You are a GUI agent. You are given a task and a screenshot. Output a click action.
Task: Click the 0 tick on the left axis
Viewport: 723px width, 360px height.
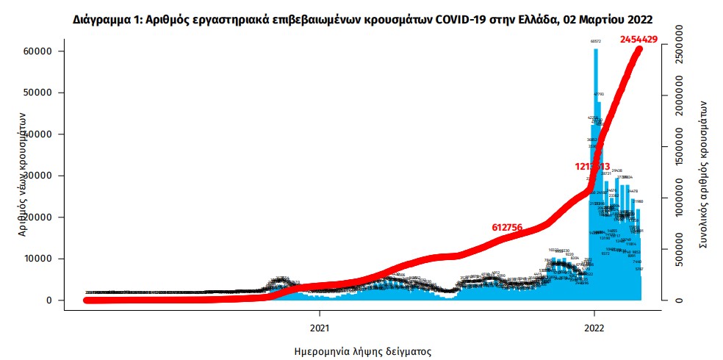(x=49, y=300)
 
